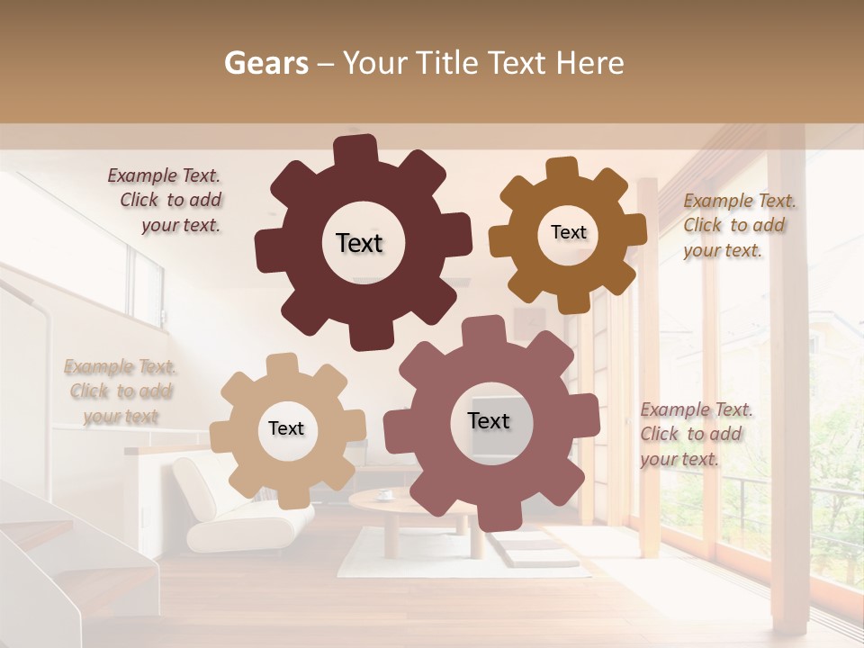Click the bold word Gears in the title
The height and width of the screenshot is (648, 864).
click(x=266, y=63)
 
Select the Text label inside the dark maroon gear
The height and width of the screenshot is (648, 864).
click(x=359, y=243)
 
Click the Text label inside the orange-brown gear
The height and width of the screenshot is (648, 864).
click(x=568, y=232)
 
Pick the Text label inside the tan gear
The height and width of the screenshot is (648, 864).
click(x=286, y=428)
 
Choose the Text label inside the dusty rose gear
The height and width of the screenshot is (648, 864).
click(x=489, y=420)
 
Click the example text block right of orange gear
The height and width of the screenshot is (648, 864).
click(x=738, y=225)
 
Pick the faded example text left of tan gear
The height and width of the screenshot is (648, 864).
click(x=120, y=391)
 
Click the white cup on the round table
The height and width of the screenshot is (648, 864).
click(x=384, y=493)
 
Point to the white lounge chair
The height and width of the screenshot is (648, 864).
click(x=234, y=504)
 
